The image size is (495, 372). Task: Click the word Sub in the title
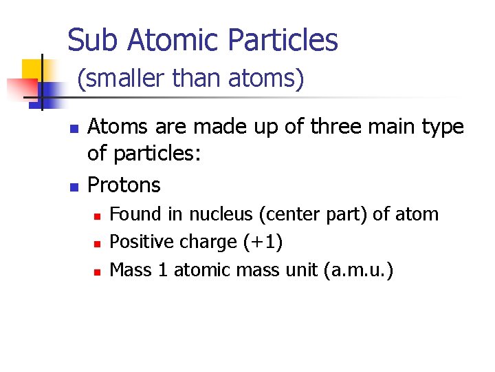coord(88,41)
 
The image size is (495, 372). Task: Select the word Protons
coord(124,185)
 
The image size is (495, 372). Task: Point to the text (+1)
coord(262,242)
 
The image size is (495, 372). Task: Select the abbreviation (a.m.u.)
coord(358,270)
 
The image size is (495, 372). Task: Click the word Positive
coord(143,242)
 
